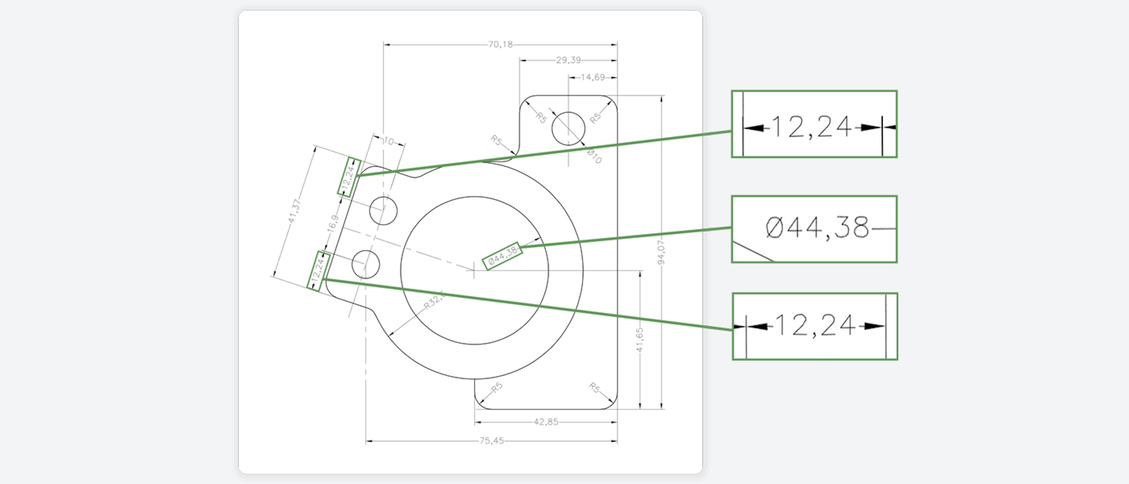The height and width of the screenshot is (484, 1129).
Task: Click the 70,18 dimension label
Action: click(x=500, y=44)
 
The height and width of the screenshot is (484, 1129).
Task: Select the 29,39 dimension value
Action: click(x=568, y=60)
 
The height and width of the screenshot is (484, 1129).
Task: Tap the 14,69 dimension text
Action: click(x=592, y=77)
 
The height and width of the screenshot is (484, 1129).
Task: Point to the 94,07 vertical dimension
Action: click(x=661, y=253)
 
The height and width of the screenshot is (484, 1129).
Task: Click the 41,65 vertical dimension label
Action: click(x=639, y=339)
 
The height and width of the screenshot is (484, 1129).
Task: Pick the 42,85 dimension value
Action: click(x=546, y=422)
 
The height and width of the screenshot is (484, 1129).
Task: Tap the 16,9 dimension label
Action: click(x=333, y=223)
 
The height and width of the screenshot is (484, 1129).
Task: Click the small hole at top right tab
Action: click(x=568, y=128)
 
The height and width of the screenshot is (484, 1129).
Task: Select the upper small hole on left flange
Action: click(x=383, y=211)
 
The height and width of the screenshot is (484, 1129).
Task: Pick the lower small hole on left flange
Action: click(x=365, y=264)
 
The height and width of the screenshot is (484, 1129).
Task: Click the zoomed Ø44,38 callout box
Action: click(x=814, y=229)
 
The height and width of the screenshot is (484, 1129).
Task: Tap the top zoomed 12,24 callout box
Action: click(x=814, y=124)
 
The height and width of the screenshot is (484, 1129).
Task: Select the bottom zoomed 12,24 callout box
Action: click(x=815, y=326)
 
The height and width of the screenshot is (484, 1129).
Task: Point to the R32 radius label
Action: click(x=434, y=301)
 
